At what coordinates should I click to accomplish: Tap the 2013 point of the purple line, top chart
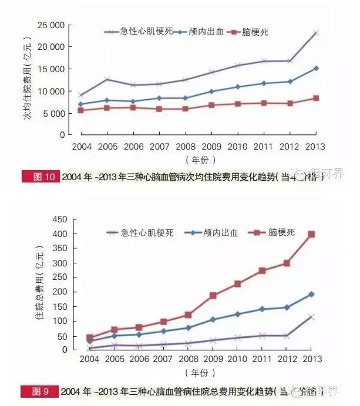(x=316, y=33)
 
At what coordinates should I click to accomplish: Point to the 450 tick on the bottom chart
(x=61, y=219)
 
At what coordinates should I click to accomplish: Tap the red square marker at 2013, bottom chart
(x=311, y=234)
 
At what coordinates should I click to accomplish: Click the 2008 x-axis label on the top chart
(x=187, y=146)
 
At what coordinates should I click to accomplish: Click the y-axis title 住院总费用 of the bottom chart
(x=40, y=285)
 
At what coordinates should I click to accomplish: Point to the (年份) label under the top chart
(x=200, y=160)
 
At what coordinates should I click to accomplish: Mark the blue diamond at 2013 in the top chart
(x=316, y=69)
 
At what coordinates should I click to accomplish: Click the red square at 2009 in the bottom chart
(x=213, y=296)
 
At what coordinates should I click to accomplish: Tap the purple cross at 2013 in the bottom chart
(x=311, y=317)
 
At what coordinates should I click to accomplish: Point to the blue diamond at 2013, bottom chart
(x=311, y=294)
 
